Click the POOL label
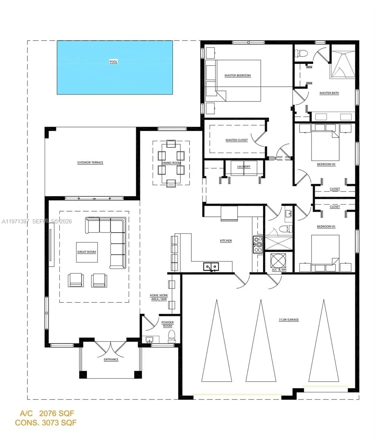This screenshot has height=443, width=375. (x=113, y=62)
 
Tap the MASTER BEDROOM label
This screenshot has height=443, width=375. (x=238, y=75)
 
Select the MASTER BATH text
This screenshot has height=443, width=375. (x=329, y=93)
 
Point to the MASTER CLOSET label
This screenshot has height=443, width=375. (x=236, y=140)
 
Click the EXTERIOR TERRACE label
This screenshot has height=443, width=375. (x=90, y=162)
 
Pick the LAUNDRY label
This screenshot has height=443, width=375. (x=244, y=166)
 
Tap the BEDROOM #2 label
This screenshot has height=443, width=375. (x=326, y=164)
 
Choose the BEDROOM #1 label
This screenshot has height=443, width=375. (x=326, y=226)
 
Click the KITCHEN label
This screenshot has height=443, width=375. (x=226, y=241)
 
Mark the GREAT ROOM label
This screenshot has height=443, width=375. (x=87, y=252)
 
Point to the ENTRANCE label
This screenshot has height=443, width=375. (x=111, y=360)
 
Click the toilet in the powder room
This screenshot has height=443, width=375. (x=171, y=336)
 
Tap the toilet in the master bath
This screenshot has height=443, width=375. (x=301, y=53)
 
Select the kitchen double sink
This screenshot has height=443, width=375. (x=211, y=267)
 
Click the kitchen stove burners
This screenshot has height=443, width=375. (x=258, y=244)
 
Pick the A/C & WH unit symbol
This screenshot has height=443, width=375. (x=278, y=260)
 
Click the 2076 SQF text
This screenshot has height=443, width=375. (x=57, y=413)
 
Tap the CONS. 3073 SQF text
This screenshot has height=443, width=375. (x=46, y=423)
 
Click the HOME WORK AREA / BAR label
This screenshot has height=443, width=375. (x=159, y=297)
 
